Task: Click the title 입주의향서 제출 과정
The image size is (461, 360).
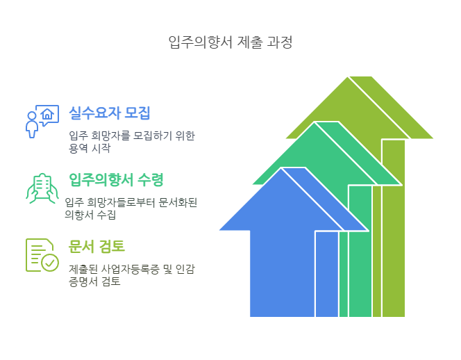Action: tap(230, 42)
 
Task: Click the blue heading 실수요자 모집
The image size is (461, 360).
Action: tap(110, 113)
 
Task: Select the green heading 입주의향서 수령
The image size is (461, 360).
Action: tap(116, 179)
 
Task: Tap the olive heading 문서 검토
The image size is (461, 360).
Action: tap(97, 247)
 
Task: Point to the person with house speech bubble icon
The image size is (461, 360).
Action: tap(42, 121)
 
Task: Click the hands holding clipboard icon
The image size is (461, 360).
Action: tap(42, 188)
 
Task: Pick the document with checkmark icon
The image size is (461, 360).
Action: tap(42, 255)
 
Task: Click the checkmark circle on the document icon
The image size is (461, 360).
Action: tap(50, 263)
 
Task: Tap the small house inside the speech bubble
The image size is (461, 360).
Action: tap(47, 114)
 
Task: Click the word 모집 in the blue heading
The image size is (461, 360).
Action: tap(137, 113)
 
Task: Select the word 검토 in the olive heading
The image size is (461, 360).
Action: tap(112, 247)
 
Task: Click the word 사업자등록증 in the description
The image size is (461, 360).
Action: tap(130, 270)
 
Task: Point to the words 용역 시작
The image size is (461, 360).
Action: tap(90, 148)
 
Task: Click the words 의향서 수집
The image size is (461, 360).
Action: tap(90, 215)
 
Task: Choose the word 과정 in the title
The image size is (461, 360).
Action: tap(280, 42)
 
